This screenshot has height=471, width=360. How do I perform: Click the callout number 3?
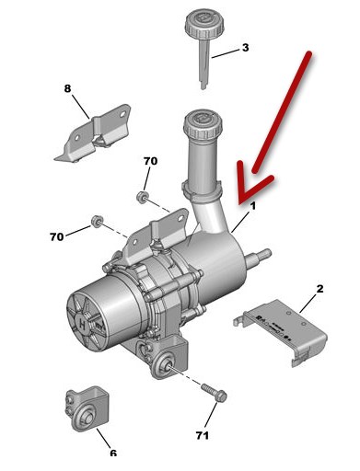click(245, 48)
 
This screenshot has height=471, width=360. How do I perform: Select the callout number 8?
click(67, 88)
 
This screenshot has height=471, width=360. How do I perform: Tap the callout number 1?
click(252, 206)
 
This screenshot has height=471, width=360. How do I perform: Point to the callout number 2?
click(319, 289)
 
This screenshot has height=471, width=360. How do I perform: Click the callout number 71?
click(203, 435)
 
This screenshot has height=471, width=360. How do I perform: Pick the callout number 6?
click(113, 453)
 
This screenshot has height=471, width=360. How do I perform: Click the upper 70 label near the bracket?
click(150, 161)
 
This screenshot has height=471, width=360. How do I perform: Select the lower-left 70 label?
click(57, 236)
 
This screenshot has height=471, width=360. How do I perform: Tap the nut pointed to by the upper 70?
click(142, 197)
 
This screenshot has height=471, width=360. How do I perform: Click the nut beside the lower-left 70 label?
click(97, 221)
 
